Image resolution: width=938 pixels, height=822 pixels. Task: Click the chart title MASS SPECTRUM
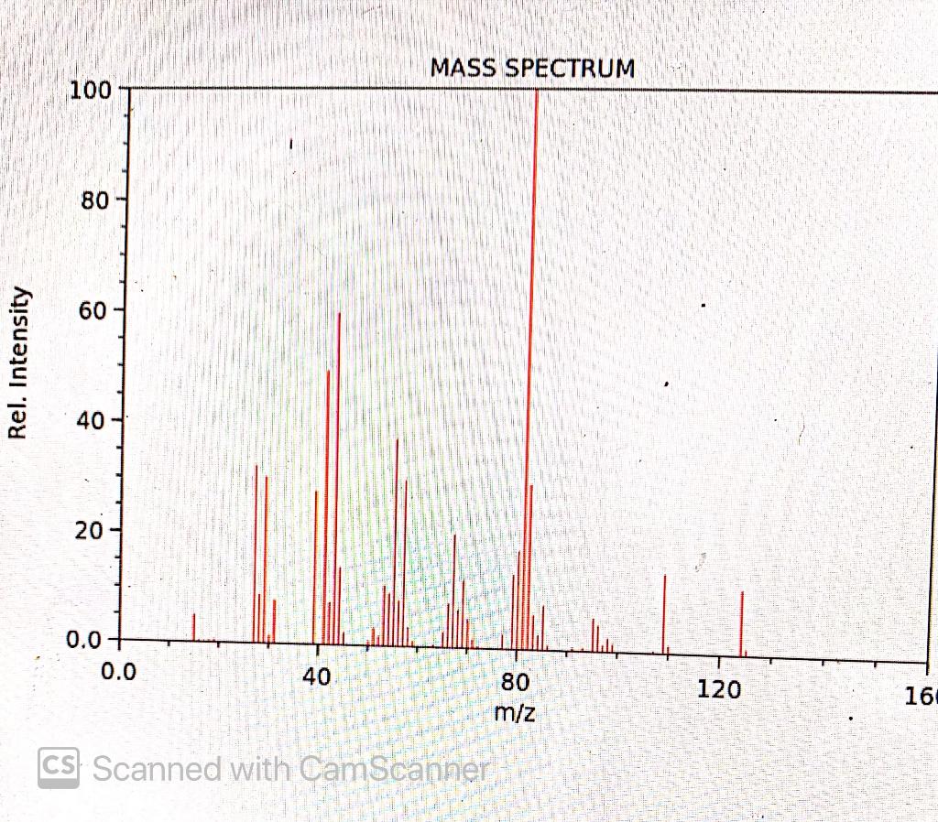[531, 69]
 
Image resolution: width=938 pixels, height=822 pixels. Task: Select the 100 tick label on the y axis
[90, 92]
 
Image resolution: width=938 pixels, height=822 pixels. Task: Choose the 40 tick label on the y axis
[95, 420]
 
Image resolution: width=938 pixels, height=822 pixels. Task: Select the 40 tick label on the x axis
[316, 678]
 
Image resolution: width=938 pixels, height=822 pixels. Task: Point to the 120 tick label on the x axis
[719, 689]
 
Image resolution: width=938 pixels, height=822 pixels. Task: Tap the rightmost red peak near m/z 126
[742, 623]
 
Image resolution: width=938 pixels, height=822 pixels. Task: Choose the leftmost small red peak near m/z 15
[194, 627]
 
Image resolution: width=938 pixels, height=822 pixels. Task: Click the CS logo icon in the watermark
[58, 767]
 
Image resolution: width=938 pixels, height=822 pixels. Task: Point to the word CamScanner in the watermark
[394, 769]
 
